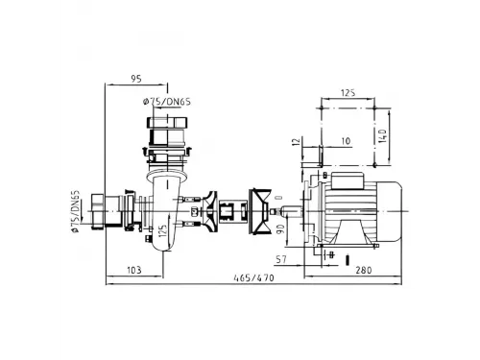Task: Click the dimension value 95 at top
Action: [136, 79]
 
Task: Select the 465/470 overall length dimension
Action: [253, 277]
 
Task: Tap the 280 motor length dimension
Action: [364, 270]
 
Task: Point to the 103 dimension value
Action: [134, 270]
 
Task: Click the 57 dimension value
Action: [281, 259]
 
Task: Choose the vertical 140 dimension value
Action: [383, 135]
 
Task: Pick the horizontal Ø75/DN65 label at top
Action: [167, 102]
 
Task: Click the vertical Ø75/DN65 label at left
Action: [75, 211]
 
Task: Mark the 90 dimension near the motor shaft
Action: [280, 229]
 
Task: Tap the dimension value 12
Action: [297, 141]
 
